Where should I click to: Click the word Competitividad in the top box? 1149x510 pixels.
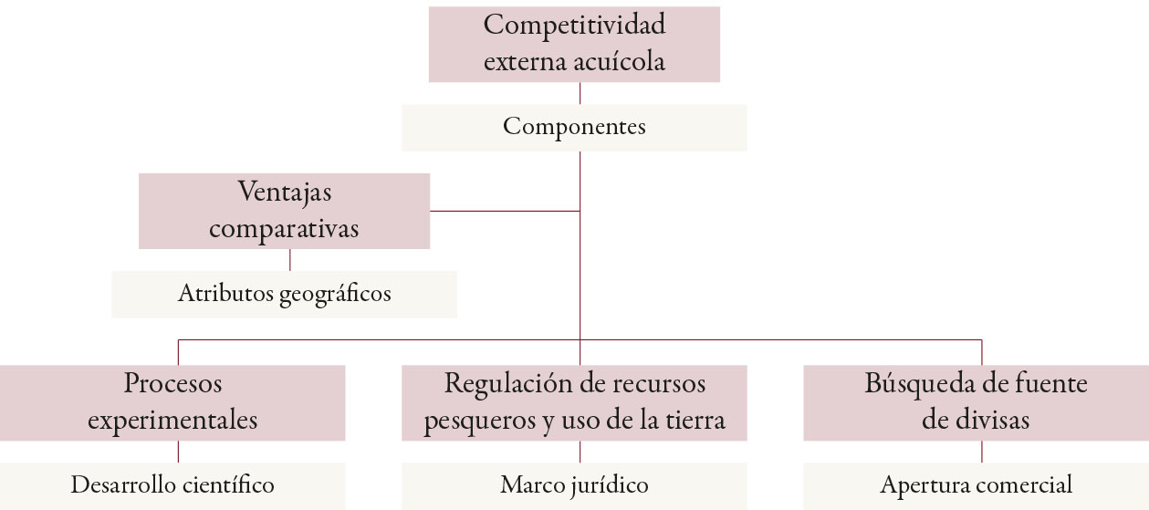[574, 25]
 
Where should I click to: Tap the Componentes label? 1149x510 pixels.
[574, 127]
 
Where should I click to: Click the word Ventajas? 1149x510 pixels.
[284, 192]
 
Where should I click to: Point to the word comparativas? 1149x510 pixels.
[284, 228]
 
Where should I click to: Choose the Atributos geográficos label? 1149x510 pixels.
[284, 294]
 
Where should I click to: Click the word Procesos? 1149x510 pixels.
[172, 383]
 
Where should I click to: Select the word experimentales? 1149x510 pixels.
[172, 420]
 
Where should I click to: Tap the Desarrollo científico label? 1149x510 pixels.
[172, 484]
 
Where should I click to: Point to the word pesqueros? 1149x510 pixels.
[473, 421]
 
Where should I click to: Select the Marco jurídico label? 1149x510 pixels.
[574, 484]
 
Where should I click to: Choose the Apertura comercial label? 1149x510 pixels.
[976, 484]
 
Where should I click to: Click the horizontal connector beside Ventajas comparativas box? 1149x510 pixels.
[504, 211]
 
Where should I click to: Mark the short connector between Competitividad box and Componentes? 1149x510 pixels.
[580, 93]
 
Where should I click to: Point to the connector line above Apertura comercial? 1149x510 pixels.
[981, 452]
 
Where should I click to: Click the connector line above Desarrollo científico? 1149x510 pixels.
[178, 452]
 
